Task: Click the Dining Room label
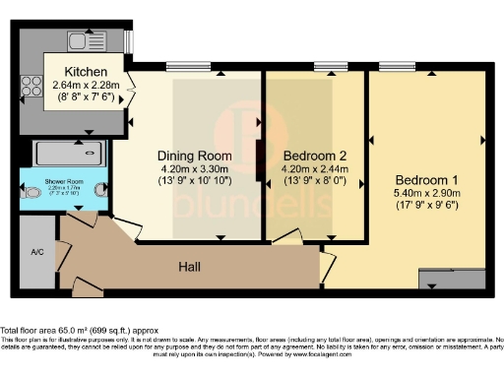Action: (194, 156)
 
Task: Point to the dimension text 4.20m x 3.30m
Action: (194, 168)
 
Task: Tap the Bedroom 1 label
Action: (427, 180)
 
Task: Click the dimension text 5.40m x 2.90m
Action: (427, 194)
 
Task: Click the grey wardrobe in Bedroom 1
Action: (453, 279)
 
